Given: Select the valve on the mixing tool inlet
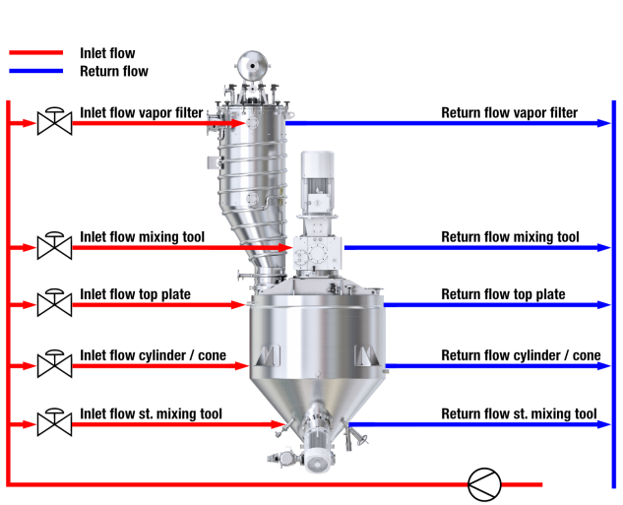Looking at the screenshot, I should coord(53,246).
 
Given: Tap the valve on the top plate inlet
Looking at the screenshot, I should coord(53,303).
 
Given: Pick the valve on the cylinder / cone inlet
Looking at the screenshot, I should coord(53,364).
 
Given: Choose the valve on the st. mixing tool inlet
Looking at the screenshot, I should coord(53,424).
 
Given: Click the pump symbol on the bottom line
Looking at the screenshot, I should coord(484,483).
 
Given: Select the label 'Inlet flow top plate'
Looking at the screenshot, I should coord(135,294).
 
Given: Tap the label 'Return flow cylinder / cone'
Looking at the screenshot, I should coord(521,355).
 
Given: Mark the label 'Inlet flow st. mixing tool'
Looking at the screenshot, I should coord(151,413).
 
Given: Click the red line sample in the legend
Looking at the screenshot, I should coord(34,54).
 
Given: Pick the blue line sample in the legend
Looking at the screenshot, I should coord(34,71).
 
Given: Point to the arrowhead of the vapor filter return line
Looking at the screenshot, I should coord(602,123).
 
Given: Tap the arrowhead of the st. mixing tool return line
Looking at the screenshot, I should coord(602,425).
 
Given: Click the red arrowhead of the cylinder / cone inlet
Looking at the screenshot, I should coord(243,365).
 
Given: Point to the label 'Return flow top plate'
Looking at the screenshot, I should coord(503,294).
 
